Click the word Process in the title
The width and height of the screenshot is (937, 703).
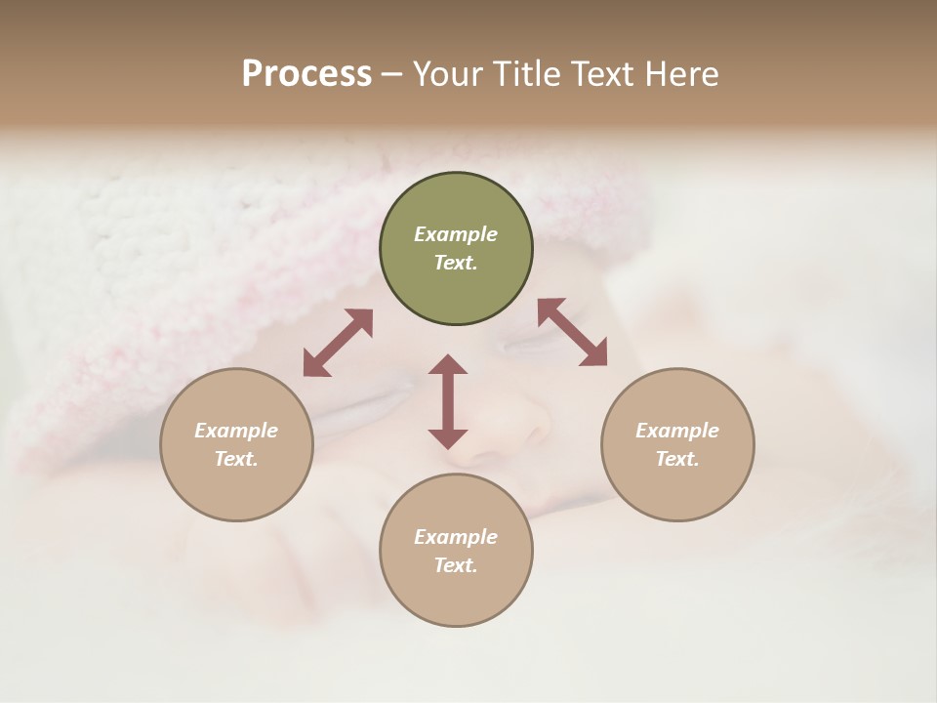[306, 74]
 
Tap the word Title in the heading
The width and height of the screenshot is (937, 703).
[528, 74]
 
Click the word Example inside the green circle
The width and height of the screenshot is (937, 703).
[456, 234]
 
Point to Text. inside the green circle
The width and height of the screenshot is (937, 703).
[456, 263]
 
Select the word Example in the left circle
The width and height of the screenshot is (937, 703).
[236, 431]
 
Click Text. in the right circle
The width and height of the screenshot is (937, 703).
[677, 459]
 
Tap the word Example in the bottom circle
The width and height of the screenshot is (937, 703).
[456, 537]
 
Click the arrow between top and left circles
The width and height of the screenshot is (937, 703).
[338, 343]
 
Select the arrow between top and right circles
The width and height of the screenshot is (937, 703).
[572, 332]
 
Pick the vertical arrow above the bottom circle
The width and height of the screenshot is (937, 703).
[448, 401]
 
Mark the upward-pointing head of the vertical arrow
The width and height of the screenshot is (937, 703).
[448, 364]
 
